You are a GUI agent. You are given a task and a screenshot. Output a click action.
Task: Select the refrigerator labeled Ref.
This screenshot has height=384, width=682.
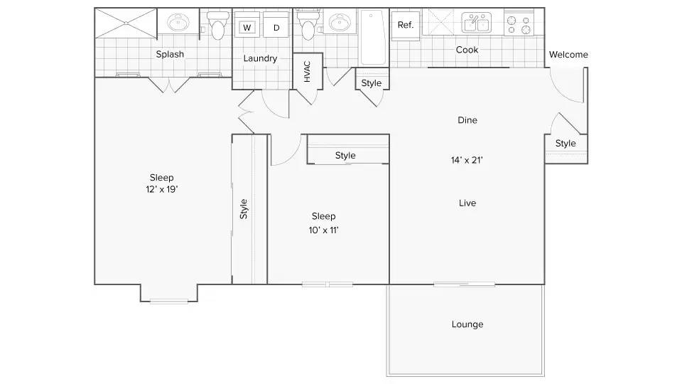tap(406, 26)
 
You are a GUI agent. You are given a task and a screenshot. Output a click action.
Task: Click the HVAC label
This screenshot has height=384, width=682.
tap(307, 71)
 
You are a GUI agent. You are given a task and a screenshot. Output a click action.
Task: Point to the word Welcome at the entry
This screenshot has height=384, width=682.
tap(568, 55)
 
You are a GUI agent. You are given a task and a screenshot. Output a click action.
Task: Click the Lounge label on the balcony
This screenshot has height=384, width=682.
tap(467, 324)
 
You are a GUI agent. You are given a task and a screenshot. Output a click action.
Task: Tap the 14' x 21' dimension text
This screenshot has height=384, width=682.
tap(467, 160)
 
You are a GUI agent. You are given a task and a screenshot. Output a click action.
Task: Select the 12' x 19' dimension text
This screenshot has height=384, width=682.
tap(162, 189)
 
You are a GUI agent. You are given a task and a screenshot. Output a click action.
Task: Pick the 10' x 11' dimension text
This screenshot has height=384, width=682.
tap(324, 230)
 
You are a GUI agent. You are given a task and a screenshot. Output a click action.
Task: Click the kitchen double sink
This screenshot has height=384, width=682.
tap(476, 22)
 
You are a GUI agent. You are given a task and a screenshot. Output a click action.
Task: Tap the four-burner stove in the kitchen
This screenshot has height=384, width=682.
tap(519, 23)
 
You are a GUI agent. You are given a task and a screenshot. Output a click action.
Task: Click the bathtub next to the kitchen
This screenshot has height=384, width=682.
tap(373, 38)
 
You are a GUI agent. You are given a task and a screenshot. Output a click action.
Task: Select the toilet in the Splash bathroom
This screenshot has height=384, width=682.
tap(217, 26)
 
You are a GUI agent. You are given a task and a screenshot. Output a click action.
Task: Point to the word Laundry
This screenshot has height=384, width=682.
tap(260, 58)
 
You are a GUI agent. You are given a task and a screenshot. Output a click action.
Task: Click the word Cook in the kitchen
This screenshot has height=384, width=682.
tap(467, 50)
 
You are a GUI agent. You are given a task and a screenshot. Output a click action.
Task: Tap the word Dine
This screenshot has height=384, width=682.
tap(467, 120)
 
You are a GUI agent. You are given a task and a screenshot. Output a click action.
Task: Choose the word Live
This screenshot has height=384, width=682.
tap(467, 203)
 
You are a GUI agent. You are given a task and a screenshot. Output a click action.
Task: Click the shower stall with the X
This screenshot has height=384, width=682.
tap(126, 23)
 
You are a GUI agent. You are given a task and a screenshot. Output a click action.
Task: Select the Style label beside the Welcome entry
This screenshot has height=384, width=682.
tap(565, 144)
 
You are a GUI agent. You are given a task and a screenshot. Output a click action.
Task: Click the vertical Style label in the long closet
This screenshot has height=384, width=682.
tap(244, 209)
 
